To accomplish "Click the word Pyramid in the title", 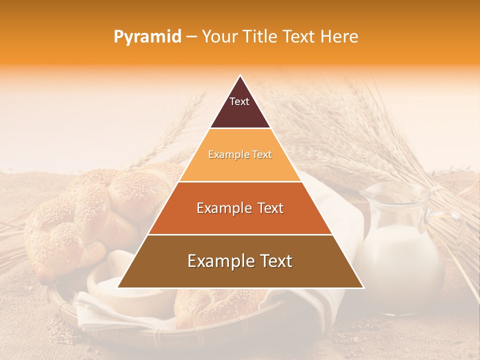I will pyautogui.click(x=147, y=37).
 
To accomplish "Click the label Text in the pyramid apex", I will pyautogui.click(x=239, y=101).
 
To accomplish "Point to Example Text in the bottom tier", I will pyautogui.click(x=240, y=261).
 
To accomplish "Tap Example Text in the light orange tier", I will pyautogui.click(x=240, y=154).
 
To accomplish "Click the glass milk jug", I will pyautogui.click(x=400, y=250).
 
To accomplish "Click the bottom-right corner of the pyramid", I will pyautogui.click(x=363, y=287).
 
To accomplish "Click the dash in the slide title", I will pyautogui.click(x=191, y=37).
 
